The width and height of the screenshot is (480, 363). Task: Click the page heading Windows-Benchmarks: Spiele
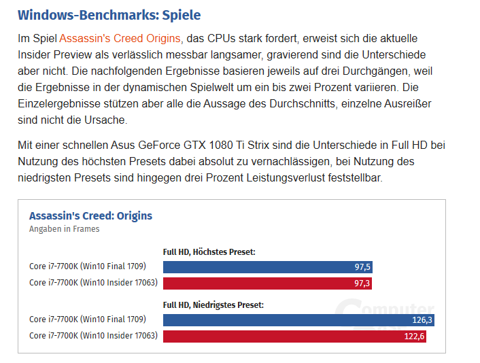click(109, 14)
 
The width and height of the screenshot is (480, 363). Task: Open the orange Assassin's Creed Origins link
click(120, 39)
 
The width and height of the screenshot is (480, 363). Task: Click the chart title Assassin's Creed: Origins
click(90, 216)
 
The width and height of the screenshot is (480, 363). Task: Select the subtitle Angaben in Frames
click(64, 229)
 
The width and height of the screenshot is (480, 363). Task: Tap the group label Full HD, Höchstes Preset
click(209, 252)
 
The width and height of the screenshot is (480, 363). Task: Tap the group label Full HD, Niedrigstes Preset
click(213, 305)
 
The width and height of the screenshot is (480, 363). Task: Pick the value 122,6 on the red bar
click(414, 336)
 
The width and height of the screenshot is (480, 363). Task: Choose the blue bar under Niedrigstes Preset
click(286, 319)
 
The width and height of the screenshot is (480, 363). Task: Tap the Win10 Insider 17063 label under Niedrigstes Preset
click(93, 335)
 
